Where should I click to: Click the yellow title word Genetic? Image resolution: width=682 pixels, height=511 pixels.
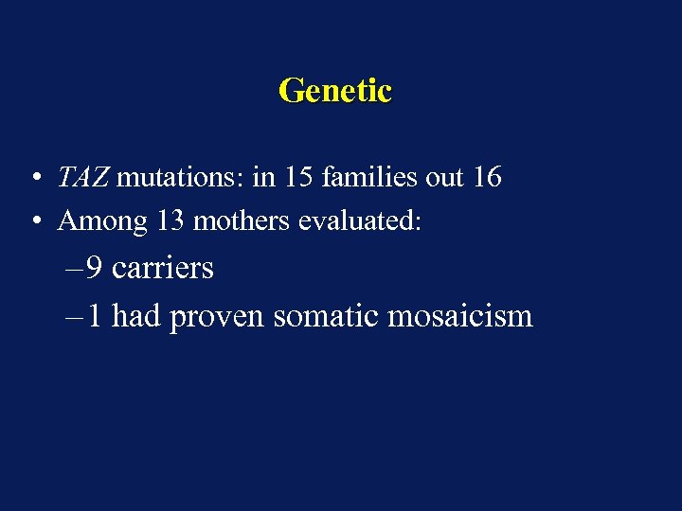(335, 91)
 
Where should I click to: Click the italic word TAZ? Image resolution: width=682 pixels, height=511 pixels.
(83, 177)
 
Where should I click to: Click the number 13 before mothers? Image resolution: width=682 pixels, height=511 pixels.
(170, 221)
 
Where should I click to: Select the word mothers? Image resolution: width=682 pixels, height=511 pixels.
(243, 221)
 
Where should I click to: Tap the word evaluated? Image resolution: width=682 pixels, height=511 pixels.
(359, 221)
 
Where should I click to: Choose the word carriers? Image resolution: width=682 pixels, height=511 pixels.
(162, 269)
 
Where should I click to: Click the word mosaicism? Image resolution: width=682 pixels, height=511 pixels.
(460, 315)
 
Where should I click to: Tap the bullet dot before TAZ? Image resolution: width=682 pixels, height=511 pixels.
(34, 178)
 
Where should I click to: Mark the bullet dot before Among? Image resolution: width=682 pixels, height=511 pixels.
(34, 222)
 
